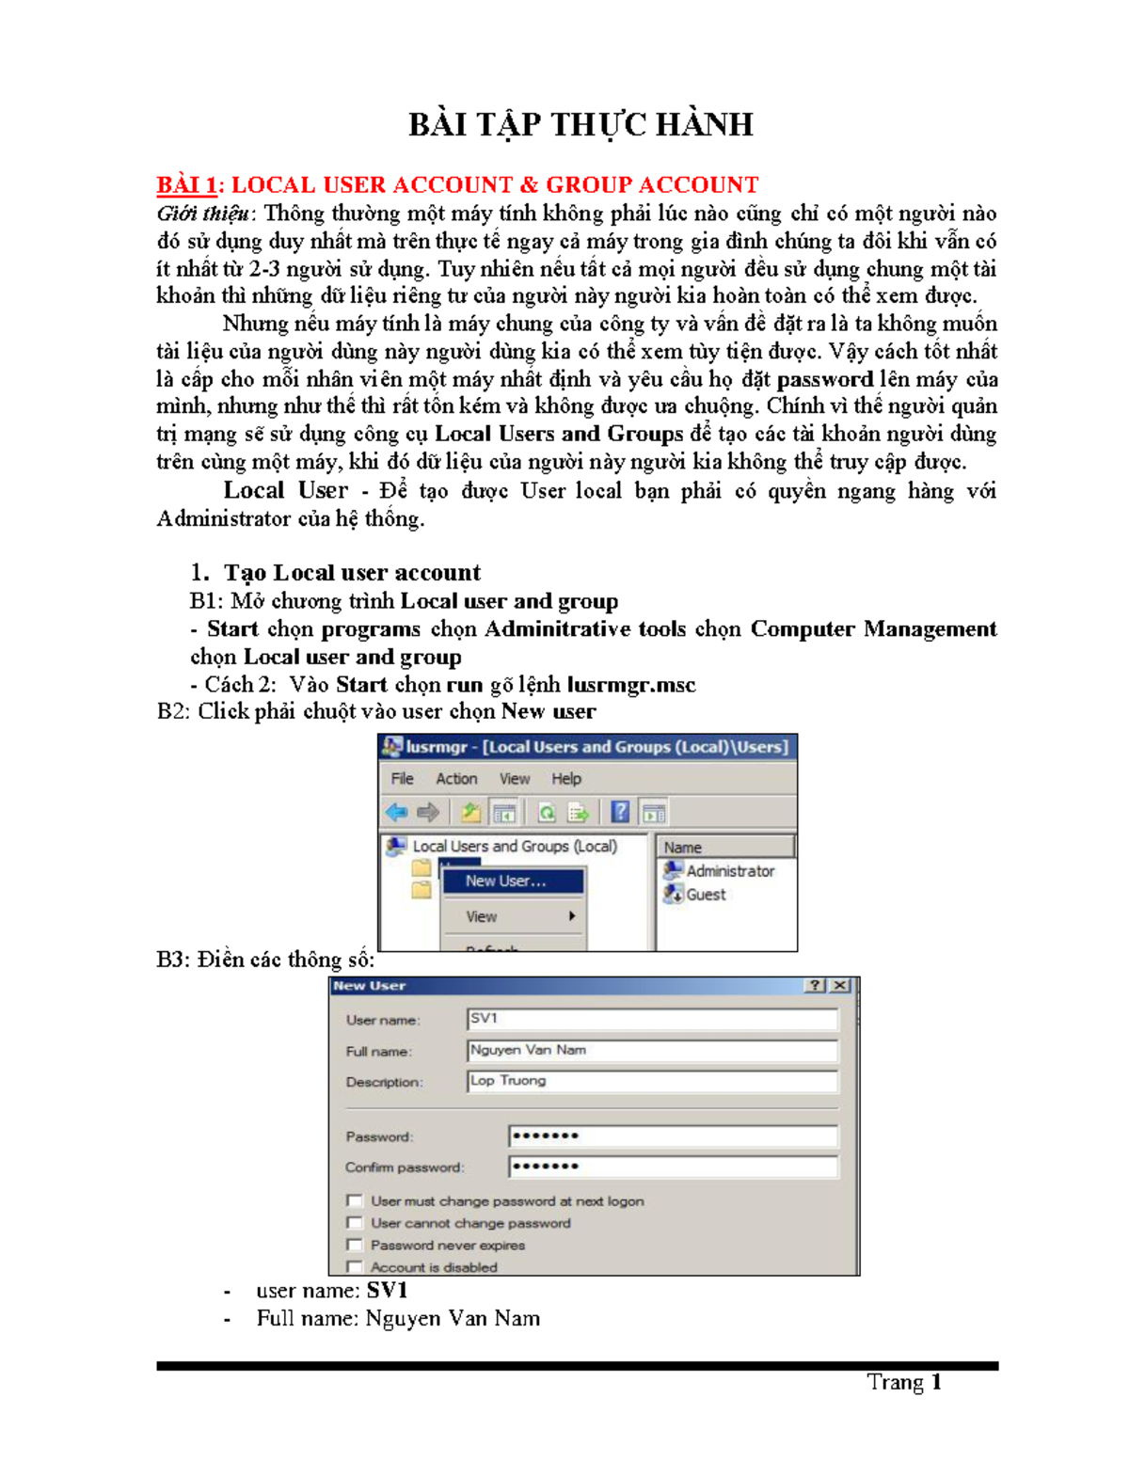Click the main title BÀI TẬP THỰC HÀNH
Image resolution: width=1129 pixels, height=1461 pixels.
(580, 125)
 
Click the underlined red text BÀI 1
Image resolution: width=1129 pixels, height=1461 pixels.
(186, 185)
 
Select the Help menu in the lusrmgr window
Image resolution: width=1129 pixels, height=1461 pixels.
(565, 779)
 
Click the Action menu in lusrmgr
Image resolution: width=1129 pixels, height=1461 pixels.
(455, 779)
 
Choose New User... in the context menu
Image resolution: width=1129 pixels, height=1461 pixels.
(505, 881)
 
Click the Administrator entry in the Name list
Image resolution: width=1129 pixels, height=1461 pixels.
(729, 871)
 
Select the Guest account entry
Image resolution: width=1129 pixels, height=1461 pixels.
(705, 895)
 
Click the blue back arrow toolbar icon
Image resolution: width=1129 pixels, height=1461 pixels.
(396, 812)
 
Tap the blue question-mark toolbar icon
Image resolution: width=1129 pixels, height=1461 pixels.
(620, 812)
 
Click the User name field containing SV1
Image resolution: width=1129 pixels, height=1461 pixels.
(651, 1019)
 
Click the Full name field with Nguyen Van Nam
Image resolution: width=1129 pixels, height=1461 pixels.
(651, 1050)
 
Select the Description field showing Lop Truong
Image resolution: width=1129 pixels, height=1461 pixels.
(651, 1081)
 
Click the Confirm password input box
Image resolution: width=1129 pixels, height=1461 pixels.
(672, 1167)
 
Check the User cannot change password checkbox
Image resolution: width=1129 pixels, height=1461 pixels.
(355, 1223)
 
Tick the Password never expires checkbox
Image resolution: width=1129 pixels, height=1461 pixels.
(355, 1245)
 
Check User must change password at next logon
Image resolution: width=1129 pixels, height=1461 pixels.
(355, 1200)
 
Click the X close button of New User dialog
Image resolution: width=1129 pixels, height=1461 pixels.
(839, 986)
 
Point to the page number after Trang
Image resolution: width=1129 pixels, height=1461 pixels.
(936, 1382)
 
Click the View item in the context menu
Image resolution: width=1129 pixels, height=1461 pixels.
(482, 916)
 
